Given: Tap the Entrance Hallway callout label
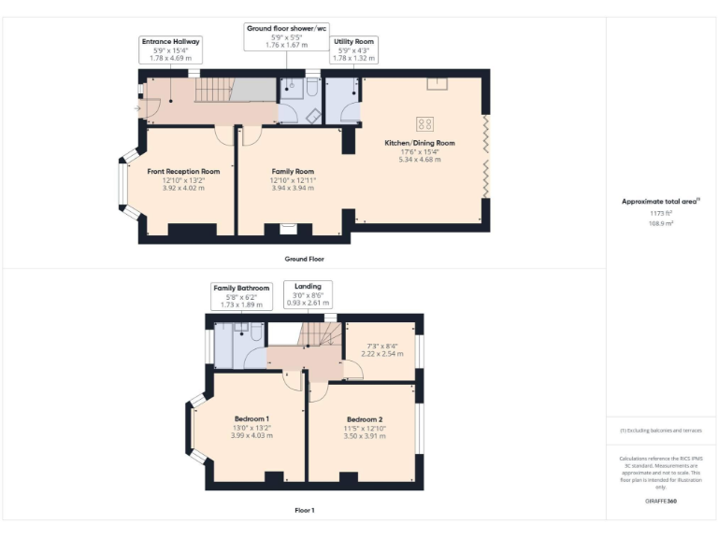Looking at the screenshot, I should [x=170, y=42].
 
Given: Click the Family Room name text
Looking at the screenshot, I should [x=293, y=172].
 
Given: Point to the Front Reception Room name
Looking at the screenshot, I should [x=183, y=172].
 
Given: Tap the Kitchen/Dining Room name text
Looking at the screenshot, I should [x=420, y=143].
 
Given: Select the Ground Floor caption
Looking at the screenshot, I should [x=304, y=258].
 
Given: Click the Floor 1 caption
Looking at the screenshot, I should [x=304, y=510].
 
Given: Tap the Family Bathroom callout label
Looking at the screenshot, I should [x=241, y=289].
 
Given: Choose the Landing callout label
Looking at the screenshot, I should [x=308, y=286].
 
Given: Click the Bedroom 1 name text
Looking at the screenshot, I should [x=251, y=418].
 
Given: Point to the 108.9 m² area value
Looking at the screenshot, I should [x=661, y=223].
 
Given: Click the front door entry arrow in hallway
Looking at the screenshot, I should [x=138, y=109].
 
